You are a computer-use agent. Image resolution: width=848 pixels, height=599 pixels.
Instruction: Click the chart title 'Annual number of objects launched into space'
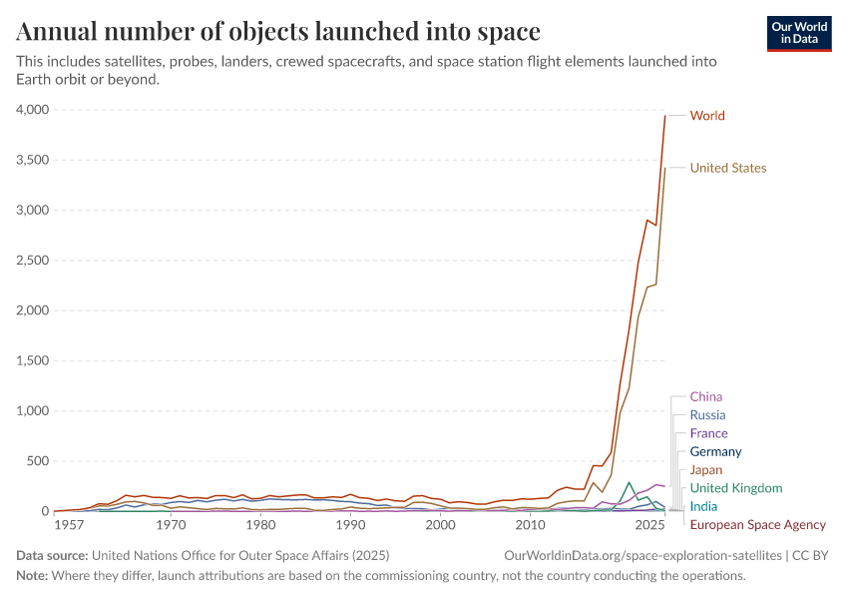(278, 32)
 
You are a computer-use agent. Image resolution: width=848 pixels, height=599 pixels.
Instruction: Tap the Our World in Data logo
(799, 33)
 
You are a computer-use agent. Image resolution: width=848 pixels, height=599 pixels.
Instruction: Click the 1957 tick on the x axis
(69, 525)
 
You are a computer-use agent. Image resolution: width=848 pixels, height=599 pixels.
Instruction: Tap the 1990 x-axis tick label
(350, 525)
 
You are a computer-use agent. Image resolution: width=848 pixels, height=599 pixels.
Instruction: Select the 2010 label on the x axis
(530, 525)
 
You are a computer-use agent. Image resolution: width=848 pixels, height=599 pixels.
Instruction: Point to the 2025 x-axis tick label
(649, 525)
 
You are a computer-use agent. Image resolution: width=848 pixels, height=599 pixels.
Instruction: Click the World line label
(707, 116)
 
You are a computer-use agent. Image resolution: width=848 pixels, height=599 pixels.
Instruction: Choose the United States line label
(728, 168)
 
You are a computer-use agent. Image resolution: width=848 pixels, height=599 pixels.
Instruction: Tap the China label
(706, 397)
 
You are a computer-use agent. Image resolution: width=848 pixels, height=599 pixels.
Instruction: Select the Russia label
(707, 415)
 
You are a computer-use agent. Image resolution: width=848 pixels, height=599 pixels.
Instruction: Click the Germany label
(715, 452)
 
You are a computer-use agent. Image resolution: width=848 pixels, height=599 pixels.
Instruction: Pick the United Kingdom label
(735, 488)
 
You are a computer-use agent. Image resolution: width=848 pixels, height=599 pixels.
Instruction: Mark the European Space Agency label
(757, 525)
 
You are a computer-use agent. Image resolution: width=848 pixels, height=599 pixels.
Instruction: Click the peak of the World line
(665, 115)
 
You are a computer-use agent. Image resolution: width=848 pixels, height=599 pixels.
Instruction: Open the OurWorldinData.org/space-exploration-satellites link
(642, 555)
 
